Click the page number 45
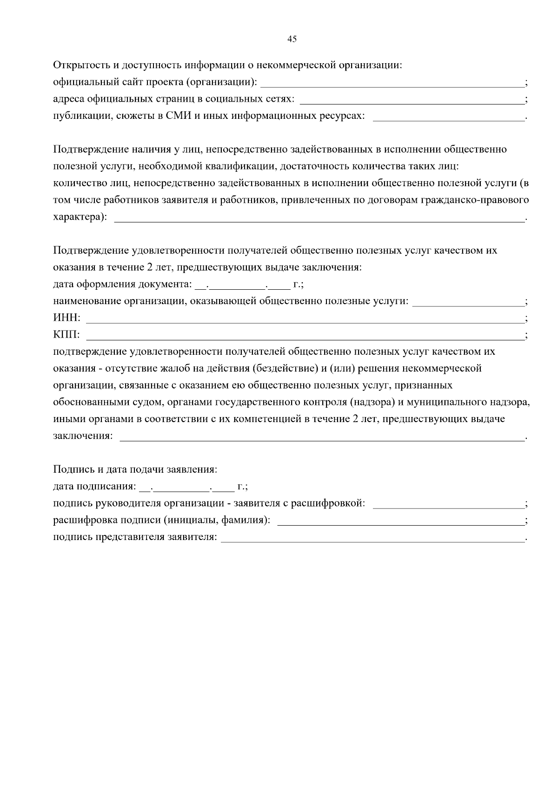coord(292,39)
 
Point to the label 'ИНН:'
coord(67,318)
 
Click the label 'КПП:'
coord(67,335)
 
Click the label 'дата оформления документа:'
coord(122,284)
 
